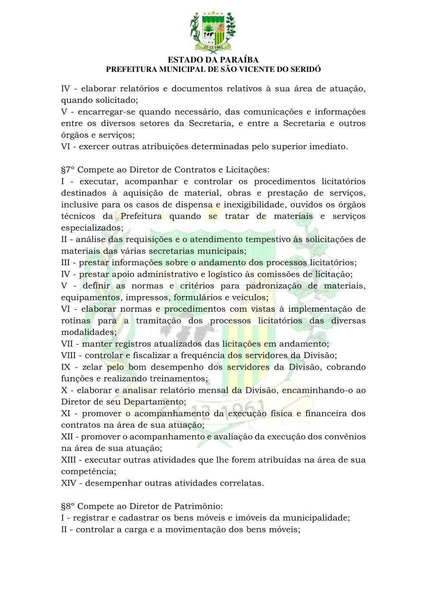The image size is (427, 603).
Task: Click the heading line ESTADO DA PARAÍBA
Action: pos(213,60)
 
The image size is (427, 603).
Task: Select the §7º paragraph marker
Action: pos(68,170)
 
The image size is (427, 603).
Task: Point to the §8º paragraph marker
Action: pos(68,506)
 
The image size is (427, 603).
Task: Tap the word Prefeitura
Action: pos(141,216)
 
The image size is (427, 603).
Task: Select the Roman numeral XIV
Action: pos(69,483)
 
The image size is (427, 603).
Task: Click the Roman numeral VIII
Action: pos(70,355)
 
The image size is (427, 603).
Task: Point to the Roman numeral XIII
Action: pos(69,460)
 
